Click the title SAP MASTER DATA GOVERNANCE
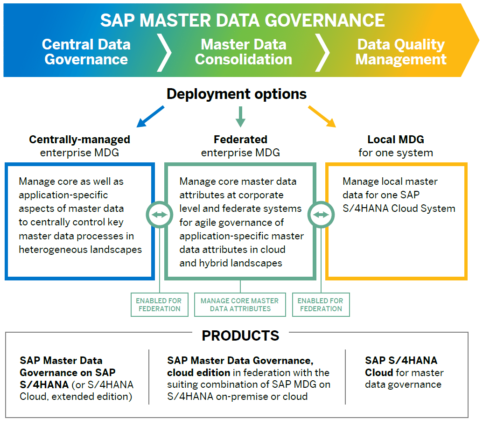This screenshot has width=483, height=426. pos(242,20)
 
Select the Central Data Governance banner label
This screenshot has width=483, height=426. pos(86,52)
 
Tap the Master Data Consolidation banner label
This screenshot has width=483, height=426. pos(243,52)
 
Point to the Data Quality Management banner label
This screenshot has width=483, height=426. pos(401,52)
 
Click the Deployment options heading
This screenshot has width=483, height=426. pos(237,94)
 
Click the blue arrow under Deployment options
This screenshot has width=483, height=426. pos(150,117)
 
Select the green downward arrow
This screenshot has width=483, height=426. pos(240,117)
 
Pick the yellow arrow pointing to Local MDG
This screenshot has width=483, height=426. pos(322,117)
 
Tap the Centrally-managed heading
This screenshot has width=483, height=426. pos(79,140)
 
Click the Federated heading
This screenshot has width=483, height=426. pos(240,140)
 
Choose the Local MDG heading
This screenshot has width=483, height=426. pos(396,140)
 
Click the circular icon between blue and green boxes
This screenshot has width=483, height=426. pos(160,215)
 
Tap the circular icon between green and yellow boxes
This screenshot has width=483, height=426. pos(321,215)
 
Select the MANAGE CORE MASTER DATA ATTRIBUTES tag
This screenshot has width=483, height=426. pos(240,305)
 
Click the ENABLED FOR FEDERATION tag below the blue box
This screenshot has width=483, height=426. pos(159,305)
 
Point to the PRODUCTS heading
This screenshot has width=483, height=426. pos(240,335)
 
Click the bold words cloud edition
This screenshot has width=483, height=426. pos(198,373)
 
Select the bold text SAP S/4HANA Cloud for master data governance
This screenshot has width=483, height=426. pos(401,367)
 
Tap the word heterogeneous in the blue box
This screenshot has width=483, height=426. pos(51,250)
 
